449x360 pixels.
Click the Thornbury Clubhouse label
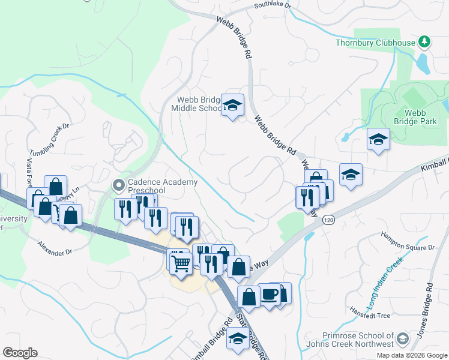pos(375,43)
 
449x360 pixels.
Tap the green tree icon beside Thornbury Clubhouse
pos(425,41)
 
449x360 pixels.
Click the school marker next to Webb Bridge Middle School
pos(232,106)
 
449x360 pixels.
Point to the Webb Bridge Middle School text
pos(197,104)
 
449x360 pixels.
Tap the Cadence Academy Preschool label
pos(163,186)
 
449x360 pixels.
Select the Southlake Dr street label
pos(273,5)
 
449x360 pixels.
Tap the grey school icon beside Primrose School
pos(403,339)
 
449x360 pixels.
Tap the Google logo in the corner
pos(20,353)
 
